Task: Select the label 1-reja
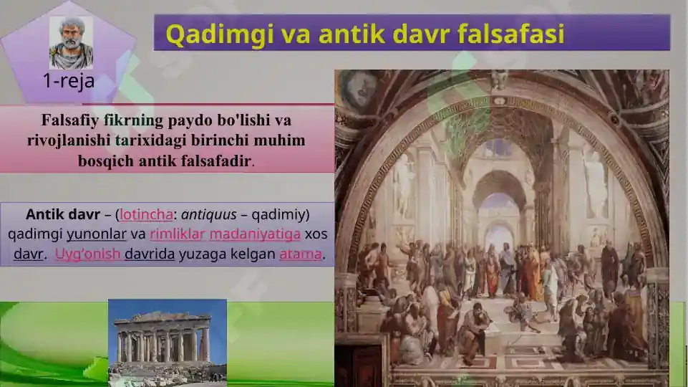point(69,81)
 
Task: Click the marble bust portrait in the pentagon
point(71,42)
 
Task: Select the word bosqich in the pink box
point(102,160)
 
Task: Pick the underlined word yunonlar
point(97,234)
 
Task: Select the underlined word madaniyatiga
point(254,234)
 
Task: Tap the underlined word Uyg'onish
point(87,254)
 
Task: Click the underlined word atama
point(300,254)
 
